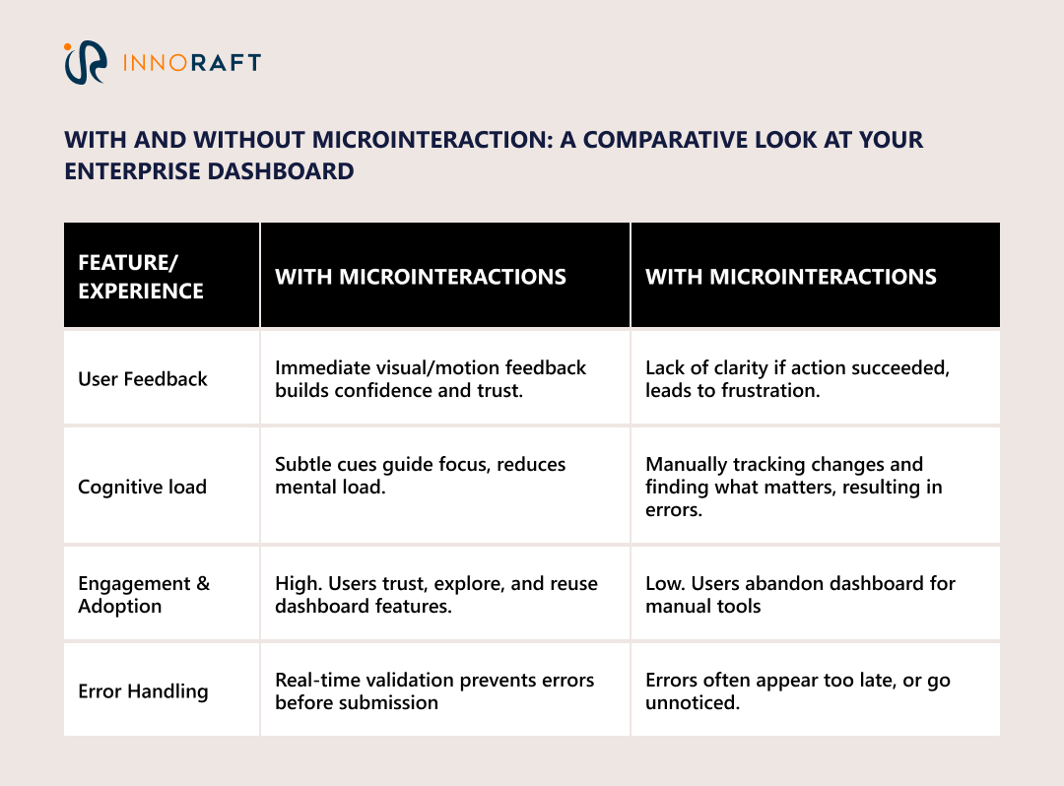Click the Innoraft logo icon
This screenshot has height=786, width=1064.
(84, 62)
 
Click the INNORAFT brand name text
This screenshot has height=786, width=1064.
(191, 63)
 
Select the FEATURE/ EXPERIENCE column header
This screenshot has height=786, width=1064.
(141, 277)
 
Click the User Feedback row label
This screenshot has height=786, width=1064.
(143, 379)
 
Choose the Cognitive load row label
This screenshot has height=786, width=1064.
(142, 487)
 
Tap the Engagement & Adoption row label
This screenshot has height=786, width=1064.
(144, 594)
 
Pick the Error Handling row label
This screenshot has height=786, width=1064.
(143, 691)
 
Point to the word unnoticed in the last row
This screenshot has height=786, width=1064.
(691, 703)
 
